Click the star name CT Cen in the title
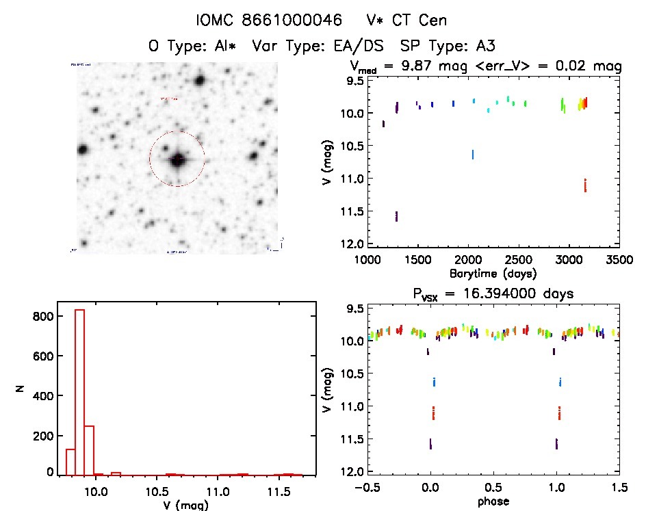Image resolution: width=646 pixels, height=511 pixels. (x=419, y=21)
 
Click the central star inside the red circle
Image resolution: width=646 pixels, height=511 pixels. (x=177, y=160)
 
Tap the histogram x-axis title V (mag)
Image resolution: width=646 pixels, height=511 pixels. (x=179, y=506)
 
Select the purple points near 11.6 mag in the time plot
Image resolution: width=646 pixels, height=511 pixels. (x=396, y=216)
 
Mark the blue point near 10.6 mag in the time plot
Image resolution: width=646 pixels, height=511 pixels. (x=472, y=155)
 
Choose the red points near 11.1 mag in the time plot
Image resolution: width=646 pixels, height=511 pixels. (x=586, y=185)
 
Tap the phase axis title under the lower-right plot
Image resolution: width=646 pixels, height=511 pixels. (x=491, y=501)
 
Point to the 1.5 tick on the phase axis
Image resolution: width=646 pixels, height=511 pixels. (x=620, y=487)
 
